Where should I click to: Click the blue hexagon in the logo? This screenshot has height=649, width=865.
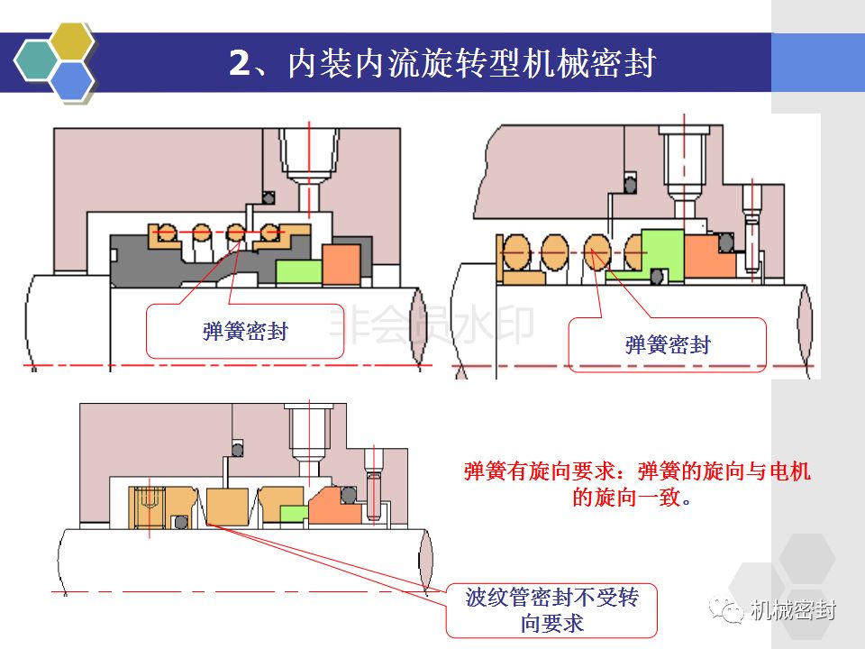click(x=72, y=80)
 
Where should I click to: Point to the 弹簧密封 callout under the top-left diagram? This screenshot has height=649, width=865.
click(x=245, y=331)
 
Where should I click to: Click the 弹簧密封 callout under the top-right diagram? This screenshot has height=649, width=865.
click(x=668, y=344)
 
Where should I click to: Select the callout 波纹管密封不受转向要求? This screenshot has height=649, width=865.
click(x=551, y=610)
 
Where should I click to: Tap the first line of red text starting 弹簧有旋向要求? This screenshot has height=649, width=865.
click(x=637, y=471)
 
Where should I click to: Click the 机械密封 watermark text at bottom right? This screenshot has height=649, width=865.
click(x=793, y=610)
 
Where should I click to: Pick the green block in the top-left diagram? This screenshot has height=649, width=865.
click(x=298, y=272)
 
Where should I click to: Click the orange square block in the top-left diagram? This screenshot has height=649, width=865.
click(x=341, y=264)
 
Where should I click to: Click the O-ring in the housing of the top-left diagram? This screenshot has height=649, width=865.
click(x=269, y=197)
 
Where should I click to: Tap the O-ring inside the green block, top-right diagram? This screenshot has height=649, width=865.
click(x=657, y=276)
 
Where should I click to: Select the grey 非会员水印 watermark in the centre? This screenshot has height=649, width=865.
click(x=432, y=324)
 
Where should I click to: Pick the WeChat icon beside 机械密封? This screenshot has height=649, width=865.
click(x=726, y=610)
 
